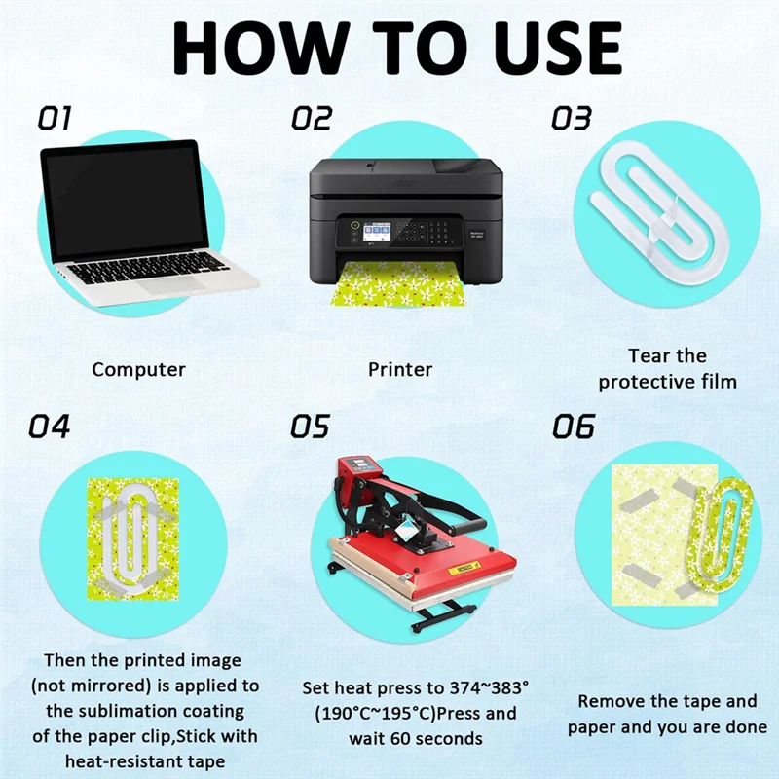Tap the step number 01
[x=55, y=119]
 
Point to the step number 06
[x=573, y=427]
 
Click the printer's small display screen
[x=376, y=232]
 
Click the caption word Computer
[x=138, y=370]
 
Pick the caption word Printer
[x=400, y=370]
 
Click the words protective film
[x=667, y=382]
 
